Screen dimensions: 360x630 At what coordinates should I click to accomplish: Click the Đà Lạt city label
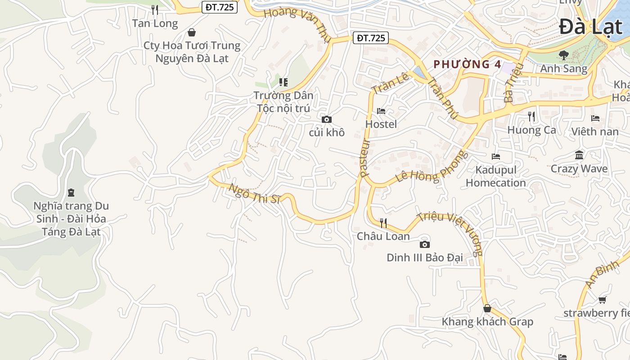(591, 27)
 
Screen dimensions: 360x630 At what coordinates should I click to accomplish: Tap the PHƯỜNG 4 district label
(467, 64)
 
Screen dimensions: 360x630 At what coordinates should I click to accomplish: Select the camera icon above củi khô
(327, 119)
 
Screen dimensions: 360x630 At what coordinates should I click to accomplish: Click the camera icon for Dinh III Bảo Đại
(424, 244)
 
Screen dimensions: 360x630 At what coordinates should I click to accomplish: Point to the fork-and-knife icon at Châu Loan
(383, 223)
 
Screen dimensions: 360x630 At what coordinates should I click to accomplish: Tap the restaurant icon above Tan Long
(155, 9)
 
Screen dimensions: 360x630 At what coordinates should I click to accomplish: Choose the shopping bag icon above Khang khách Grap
(487, 308)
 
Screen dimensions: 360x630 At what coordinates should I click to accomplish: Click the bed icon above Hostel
(381, 111)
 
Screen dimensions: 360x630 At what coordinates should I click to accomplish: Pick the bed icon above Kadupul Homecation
(496, 157)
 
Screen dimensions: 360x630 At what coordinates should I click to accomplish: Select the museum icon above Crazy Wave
(579, 155)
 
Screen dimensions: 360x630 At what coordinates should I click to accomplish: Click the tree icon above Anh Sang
(563, 55)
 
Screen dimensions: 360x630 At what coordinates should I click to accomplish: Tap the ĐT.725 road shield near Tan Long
(219, 7)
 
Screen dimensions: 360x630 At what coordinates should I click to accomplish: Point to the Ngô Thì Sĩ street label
(254, 193)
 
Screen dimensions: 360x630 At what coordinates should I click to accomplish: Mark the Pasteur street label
(365, 157)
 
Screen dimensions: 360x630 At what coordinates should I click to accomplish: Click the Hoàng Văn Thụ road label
(297, 24)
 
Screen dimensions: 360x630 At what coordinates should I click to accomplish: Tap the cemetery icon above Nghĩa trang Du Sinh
(71, 193)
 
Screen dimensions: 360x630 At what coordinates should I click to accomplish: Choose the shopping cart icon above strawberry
(602, 300)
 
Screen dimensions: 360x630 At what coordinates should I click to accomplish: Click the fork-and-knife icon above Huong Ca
(531, 117)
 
